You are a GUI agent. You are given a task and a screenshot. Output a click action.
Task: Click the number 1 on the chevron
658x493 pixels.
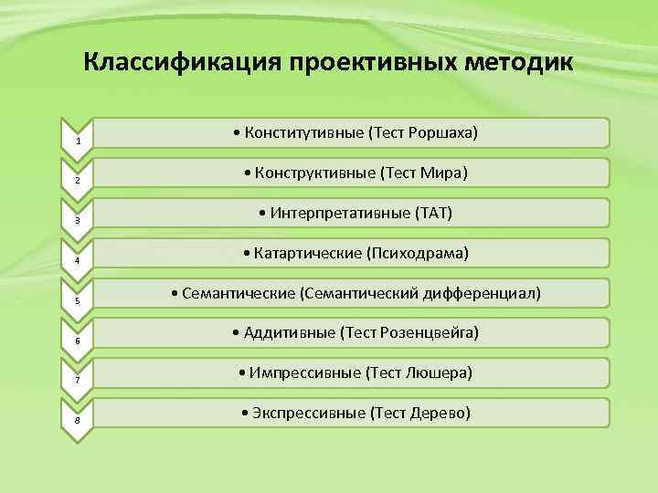pyautogui.click(x=79, y=142)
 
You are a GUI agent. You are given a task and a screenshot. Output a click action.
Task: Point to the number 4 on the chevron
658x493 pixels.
pyautogui.click(x=79, y=261)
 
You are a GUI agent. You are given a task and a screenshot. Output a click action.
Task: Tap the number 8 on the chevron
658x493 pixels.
pyautogui.click(x=79, y=421)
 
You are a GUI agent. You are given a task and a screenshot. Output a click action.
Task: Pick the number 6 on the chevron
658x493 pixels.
pyautogui.click(x=79, y=341)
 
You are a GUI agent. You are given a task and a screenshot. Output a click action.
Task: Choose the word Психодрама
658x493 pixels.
pyautogui.click(x=426, y=253)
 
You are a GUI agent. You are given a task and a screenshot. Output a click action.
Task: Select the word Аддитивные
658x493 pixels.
pyautogui.click(x=291, y=333)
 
